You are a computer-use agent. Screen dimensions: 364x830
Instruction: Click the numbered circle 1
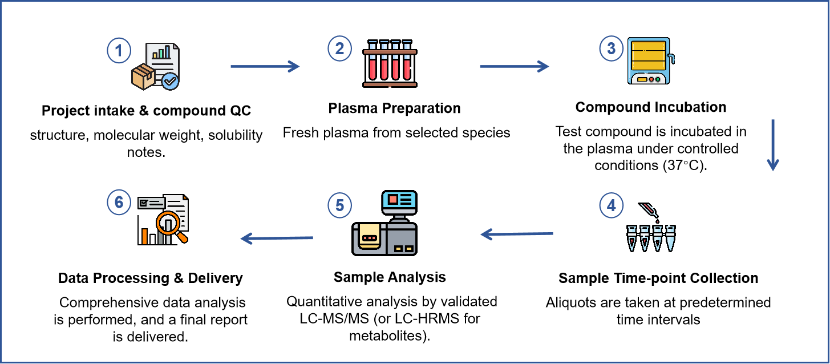coord(119,51)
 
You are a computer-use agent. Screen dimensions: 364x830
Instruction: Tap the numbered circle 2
coord(339,48)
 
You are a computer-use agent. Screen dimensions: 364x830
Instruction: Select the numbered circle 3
coord(611,48)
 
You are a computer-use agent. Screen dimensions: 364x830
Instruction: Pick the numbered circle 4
coord(611,205)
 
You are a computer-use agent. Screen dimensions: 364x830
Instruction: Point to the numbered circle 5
coord(339,205)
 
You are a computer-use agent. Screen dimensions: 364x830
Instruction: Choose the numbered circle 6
coord(119,203)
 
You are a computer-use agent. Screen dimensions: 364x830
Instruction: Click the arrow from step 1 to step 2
coord(265,66)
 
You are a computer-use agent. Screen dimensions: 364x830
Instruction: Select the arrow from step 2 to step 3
coord(514,66)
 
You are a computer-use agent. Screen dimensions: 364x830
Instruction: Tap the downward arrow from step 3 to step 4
coord(772,145)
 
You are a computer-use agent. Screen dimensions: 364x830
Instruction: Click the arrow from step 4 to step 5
coord(517,234)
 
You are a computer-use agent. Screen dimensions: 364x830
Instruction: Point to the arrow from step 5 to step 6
coord(277,238)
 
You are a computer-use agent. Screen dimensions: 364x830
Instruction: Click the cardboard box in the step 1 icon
coord(143,76)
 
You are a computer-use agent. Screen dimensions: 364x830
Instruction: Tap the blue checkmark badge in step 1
coord(170,81)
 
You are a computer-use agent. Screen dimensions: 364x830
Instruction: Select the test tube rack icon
coord(390,64)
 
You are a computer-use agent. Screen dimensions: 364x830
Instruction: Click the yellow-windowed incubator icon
coord(649,60)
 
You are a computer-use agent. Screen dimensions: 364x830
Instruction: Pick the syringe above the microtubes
coord(649,210)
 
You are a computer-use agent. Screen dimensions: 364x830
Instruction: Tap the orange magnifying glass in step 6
coord(169,223)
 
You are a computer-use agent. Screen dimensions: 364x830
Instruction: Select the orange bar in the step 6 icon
coord(145,236)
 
